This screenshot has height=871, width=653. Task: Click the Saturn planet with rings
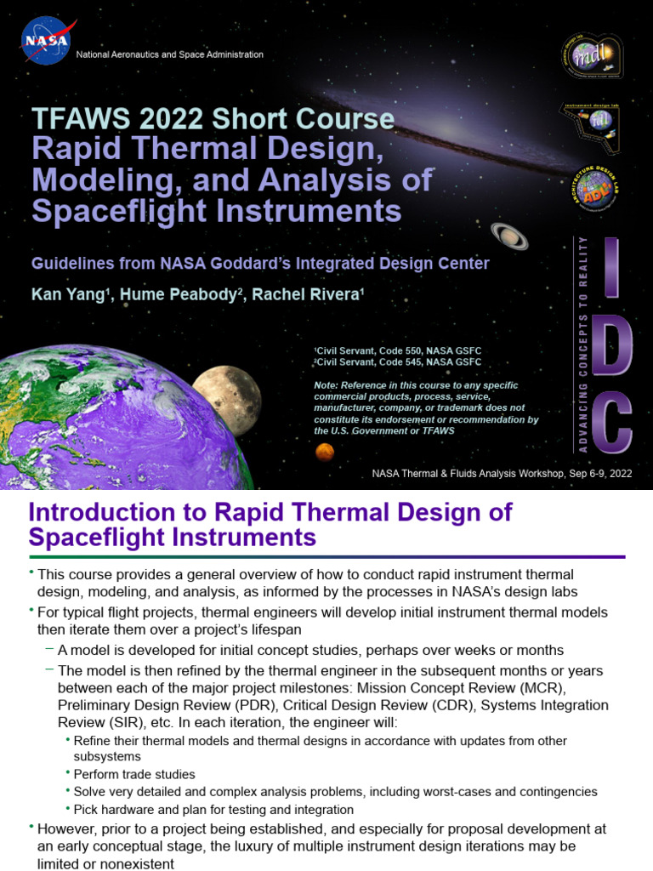(509, 236)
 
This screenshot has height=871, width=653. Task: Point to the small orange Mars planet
(324, 453)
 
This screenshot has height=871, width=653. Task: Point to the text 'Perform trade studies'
(134, 774)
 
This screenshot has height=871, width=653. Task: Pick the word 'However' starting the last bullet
(66, 828)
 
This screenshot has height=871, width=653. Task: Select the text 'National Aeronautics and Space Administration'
(170, 54)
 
